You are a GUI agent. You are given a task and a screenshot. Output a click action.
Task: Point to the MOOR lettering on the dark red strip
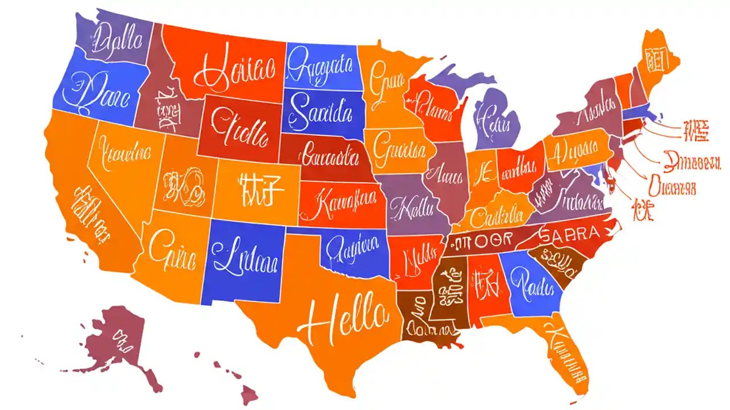482,241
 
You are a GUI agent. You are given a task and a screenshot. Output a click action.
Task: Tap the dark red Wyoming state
240,128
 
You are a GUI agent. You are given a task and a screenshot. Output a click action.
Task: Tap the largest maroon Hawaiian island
249,392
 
